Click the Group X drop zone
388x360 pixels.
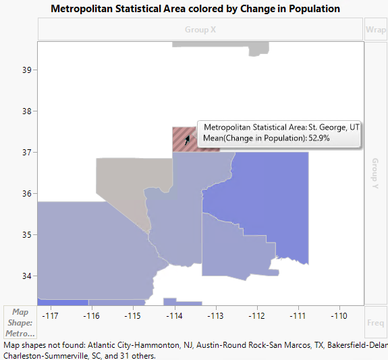point(200,30)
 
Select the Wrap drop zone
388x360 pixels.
point(376,30)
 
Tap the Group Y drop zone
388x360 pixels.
point(376,172)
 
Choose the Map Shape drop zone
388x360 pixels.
point(20,322)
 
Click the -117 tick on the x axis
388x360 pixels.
point(50,315)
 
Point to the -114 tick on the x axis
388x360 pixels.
point(173,315)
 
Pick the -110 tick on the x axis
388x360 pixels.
point(338,315)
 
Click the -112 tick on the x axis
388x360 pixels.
point(256,315)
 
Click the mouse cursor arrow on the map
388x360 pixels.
point(188,138)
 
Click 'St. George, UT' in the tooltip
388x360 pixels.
point(334,127)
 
